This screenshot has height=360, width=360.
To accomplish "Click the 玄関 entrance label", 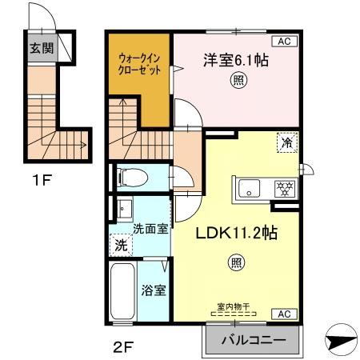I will (x=42, y=47).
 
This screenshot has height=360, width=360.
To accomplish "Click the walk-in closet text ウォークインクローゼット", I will (x=140, y=63).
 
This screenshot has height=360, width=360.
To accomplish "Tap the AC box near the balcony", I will (x=286, y=314).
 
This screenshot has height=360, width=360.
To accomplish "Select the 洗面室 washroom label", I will (x=150, y=227).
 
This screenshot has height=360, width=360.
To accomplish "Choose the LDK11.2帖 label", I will (x=237, y=234).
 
